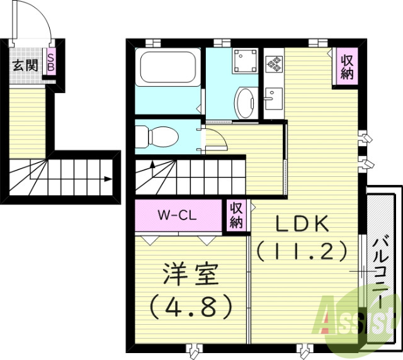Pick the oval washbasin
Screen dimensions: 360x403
(244, 101)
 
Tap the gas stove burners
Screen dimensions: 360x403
(274, 62)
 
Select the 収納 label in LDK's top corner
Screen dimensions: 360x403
(347, 65)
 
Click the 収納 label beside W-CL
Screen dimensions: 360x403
(237, 215)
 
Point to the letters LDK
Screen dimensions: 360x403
(302, 224)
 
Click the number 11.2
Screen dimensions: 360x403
(302, 252)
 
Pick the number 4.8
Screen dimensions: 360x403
(189, 306)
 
